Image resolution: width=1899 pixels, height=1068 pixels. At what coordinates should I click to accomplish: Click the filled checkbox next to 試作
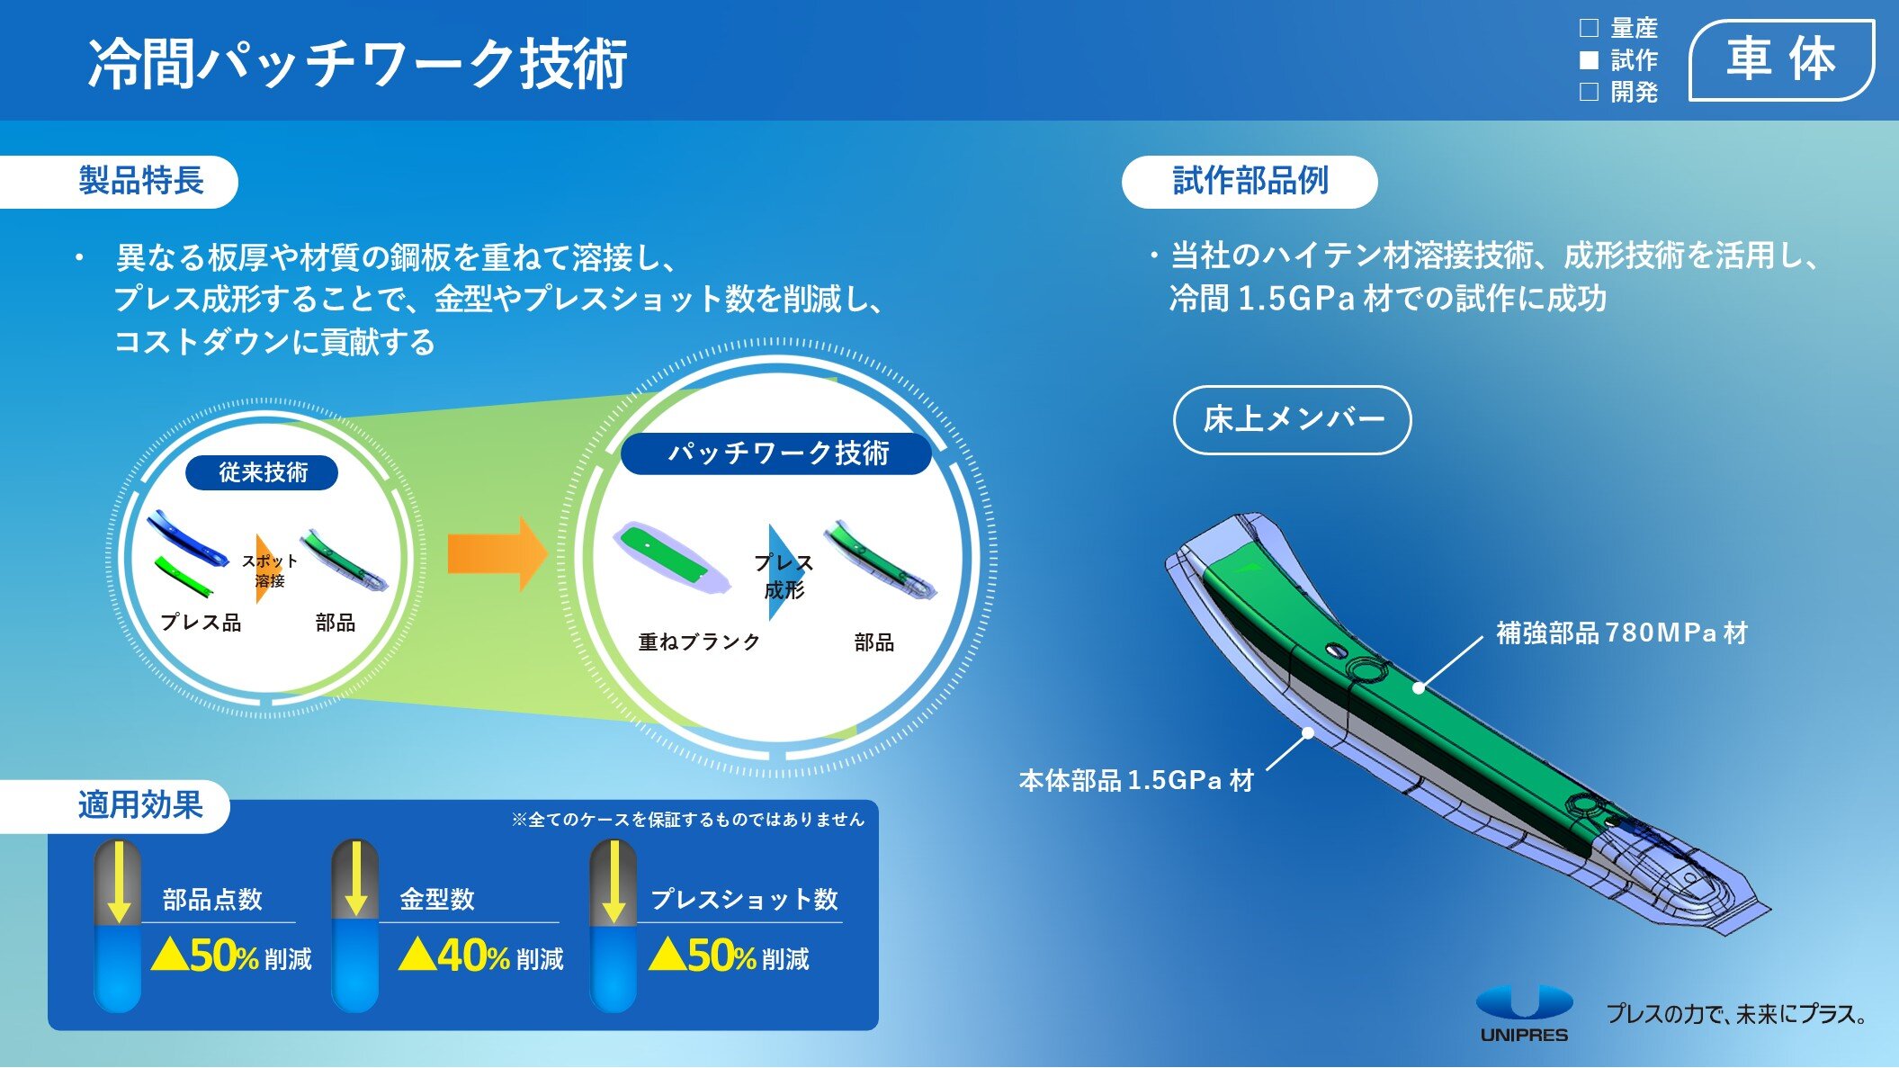pyautogui.click(x=1590, y=60)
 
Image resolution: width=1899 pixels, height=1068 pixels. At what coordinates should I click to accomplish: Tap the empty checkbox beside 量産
pyautogui.click(x=1590, y=28)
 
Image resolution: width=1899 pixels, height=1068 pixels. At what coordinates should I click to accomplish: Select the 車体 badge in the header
pyautogui.click(x=1781, y=60)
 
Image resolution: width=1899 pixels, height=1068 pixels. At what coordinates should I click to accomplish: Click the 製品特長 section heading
pyautogui.click(x=140, y=181)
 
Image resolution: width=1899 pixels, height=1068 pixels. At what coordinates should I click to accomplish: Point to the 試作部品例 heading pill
pyautogui.click(x=1250, y=182)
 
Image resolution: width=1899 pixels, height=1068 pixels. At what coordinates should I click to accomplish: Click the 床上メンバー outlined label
pyautogui.click(x=1293, y=419)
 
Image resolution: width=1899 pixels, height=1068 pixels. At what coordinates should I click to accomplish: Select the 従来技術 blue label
pyautogui.click(x=262, y=472)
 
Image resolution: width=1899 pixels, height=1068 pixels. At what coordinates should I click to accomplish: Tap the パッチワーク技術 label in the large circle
pyautogui.click(x=777, y=453)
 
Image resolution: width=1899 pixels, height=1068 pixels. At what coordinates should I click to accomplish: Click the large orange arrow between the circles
pyautogui.click(x=497, y=553)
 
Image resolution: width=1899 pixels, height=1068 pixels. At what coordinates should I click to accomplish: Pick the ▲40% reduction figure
pyautogui.click(x=454, y=956)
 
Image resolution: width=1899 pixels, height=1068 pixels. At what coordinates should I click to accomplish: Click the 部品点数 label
pyautogui.click(x=212, y=899)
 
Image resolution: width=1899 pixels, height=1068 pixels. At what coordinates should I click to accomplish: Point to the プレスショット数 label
pyautogui.click(x=744, y=899)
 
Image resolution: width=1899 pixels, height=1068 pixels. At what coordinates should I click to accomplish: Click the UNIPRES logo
pyautogui.click(x=1524, y=1013)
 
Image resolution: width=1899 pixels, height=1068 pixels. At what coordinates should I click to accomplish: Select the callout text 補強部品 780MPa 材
pyautogui.click(x=1622, y=633)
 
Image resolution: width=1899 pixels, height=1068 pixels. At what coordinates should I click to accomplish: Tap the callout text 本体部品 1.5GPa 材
pyautogui.click(x=1136, y=780)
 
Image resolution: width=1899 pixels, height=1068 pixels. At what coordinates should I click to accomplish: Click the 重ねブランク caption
pyautogui.click(x=699, y=642)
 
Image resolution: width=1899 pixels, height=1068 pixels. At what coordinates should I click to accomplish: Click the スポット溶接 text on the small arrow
pyautogui.click(x=269, y=570)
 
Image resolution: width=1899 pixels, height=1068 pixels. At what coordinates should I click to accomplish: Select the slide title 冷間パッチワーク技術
pyautogui.click(x=357, y=64)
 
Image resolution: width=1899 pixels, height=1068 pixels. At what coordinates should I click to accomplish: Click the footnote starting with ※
pyautogui.click(x=688, y=820)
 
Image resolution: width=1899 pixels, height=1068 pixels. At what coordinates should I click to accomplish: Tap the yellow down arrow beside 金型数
pyautogui.click(x=356, y=879)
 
